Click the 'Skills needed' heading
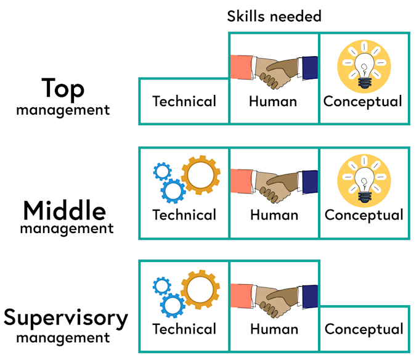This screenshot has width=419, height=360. [274, 16]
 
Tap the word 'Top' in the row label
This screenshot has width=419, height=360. [63, 89]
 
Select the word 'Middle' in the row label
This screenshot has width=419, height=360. [65, 211]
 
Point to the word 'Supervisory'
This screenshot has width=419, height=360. [66, 318]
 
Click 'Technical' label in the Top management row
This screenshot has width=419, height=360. [184, 101]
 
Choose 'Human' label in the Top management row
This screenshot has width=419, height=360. [273, 102]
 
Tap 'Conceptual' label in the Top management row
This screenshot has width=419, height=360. [362, 102]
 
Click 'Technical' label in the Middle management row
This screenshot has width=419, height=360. [184, 215]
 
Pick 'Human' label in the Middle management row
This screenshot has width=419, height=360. [274, 215]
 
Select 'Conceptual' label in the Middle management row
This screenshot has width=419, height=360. [364, 215]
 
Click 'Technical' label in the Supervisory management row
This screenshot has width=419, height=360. [184, 329]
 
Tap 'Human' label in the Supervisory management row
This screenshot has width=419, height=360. [274, 329]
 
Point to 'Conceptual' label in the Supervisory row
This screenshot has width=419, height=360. [364, 330]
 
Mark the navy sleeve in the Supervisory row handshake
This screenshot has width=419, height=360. [310, 297]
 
